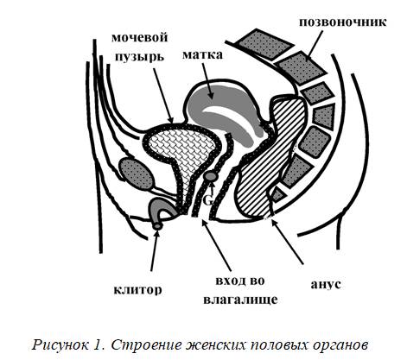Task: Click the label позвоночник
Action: click(343, 22)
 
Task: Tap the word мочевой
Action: click(140, 38)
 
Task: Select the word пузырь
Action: click(140, 57)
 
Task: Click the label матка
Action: click(202, 54)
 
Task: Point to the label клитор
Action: click(138, 290)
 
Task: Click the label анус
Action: click(326, 284)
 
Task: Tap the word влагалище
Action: click(240, 300)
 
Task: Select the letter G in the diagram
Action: click(208, 199)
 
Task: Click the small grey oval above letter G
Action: click(211, 176)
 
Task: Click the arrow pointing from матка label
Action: click(208, 81)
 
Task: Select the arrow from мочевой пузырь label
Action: click(163, 96)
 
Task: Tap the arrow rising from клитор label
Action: click(154, 250)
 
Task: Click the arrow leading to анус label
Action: click(287, 242)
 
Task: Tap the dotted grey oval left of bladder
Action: click(136, 174)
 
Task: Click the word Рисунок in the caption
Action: click(60, 344)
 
